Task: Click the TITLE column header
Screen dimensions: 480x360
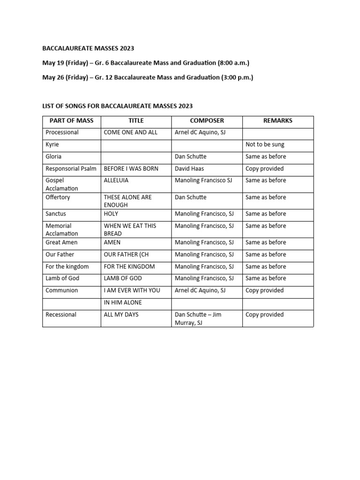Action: tap(136, 120)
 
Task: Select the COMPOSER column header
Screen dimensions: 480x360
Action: tap(207, 120)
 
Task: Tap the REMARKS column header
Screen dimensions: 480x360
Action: tap(277, 120)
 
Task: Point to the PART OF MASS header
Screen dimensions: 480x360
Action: tap(71, 120)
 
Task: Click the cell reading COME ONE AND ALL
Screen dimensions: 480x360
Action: tap(131, 132)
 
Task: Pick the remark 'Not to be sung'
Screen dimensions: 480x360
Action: tap(265, 144)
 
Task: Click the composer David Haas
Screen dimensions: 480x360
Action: tap(190, 168)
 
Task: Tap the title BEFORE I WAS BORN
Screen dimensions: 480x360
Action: tap(131, 168)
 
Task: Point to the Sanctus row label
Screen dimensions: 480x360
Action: tap(56, 214)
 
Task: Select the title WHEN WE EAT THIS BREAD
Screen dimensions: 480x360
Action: tap(130, 230)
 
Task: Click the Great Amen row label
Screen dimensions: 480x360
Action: tap(61, 242)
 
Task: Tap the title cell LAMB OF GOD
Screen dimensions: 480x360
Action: tap(123, 278)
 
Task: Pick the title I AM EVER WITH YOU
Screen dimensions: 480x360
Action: tap(132, 290)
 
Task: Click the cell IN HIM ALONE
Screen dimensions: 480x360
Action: tap(123, 302)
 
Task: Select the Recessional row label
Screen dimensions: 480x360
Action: tap(61, 315)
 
